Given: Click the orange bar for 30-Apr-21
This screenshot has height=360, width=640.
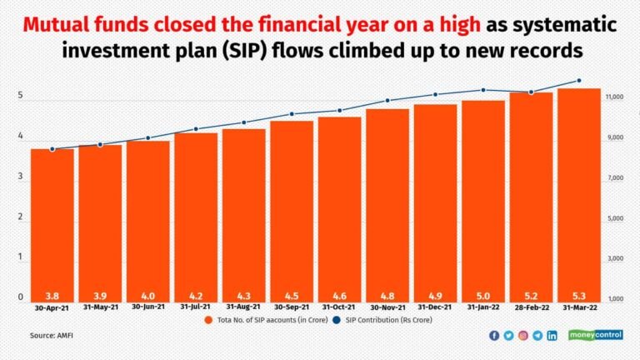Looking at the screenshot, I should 52,225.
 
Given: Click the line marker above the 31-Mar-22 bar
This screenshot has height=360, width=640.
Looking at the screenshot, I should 579,81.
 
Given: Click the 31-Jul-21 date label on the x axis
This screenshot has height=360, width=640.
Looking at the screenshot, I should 196,307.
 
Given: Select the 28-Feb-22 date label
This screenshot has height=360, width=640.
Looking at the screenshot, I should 531,307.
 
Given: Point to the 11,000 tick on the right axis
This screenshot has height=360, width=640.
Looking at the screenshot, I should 614,97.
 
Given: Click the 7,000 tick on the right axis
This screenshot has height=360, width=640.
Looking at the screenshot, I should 614,178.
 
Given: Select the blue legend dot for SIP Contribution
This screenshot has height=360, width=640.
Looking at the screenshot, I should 337,319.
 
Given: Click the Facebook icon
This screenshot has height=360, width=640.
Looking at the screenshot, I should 495,335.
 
